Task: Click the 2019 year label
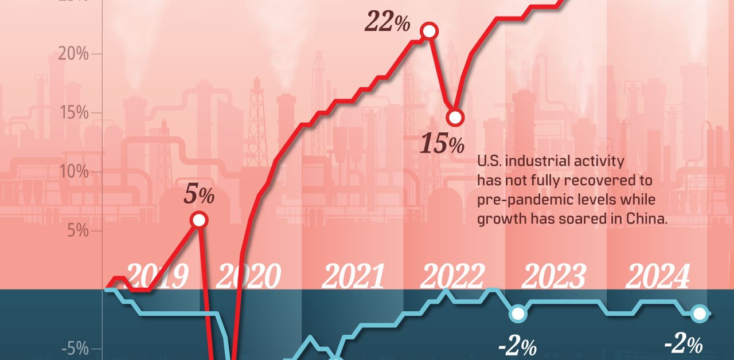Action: (x=156, y=277)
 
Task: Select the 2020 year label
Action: (x=249, y=277)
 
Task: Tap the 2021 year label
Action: (x=353, y=277)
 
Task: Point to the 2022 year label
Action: (x=452, y=277)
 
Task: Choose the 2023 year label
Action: (x=554, y=277)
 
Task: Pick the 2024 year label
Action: (x=657, y=277)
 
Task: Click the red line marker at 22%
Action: (x=428, y=31)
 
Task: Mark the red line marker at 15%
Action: (x=455, y=118)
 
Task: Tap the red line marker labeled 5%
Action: (x=199, y=220)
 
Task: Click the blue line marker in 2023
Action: (x=518, y=314)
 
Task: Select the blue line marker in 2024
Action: (x=699, y=314)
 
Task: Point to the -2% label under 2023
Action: (x=517, y=346)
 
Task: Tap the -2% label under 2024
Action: (x=683, y=344)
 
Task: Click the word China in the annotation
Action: (x=648, y=218)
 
